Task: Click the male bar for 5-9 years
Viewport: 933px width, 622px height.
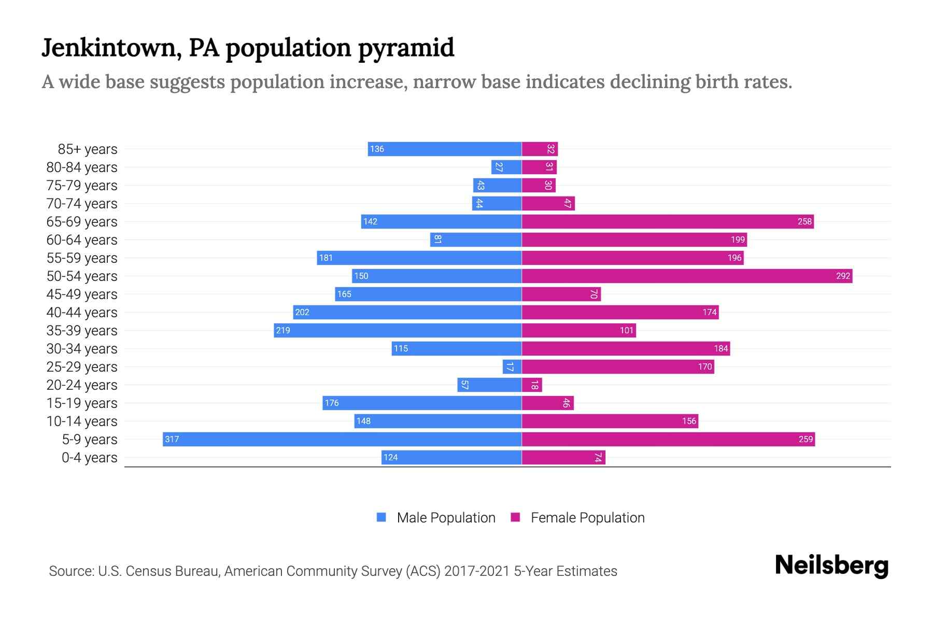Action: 342,439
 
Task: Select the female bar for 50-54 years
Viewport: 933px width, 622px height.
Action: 687,276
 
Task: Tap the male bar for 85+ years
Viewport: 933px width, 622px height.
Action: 445,149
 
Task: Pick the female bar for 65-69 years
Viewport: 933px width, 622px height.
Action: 668,221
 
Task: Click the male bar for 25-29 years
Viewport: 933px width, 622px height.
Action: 512,366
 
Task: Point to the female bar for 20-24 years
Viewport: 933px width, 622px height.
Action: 532,385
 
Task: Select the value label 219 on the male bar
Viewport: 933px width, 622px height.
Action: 283,330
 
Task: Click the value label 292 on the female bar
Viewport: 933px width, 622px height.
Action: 843,276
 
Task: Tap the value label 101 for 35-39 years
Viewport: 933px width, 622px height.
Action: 627,330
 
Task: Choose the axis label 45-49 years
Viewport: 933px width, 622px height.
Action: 82,294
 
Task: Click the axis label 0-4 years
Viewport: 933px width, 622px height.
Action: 89,457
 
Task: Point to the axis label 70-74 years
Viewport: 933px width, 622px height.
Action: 82,203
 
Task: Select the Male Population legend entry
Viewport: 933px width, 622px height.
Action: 446,517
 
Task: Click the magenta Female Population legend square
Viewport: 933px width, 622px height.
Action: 515,517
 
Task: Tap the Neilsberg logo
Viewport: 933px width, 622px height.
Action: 831,565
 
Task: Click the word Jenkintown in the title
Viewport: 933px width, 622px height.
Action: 111,48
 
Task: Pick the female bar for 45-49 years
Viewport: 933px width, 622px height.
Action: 561,294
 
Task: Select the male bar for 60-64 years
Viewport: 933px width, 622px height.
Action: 476,239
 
